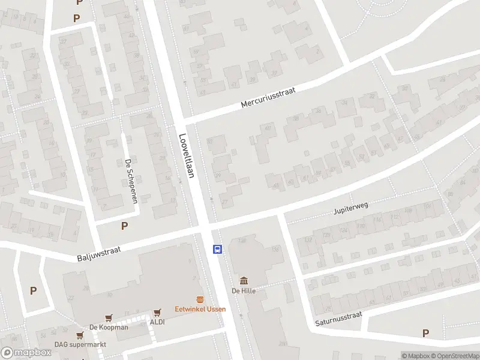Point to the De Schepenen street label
pos(131,181)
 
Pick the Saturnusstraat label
pos(339,319)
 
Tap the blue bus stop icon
pos(218,249)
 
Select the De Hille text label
pos(244,291)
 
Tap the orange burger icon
pos(200,299)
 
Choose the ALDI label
pos(157,322)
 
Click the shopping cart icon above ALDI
pos(157,312)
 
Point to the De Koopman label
pos(109,327)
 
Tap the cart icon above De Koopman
pos(109,317)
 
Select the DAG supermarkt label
pos(80,344)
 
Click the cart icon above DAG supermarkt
pos(80,335)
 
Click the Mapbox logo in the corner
pos(26,353)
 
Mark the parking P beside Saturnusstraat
pos(425,333)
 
